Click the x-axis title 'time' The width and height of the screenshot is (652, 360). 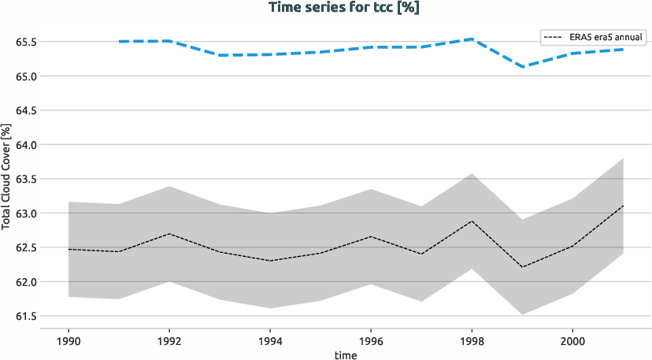point(346,354)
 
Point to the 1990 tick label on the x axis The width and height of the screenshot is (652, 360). point(69,340)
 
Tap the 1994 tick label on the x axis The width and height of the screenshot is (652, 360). point(270,340)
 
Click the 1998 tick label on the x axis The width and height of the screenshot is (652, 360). point(472,340)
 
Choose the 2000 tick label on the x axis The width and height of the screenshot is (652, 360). point(572,340)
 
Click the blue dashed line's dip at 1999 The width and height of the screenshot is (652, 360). point(522,67)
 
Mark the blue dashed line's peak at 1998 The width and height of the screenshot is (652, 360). point(472,39)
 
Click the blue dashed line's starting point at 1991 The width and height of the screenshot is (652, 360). point(119,41)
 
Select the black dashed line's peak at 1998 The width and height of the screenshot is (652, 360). point(472,221)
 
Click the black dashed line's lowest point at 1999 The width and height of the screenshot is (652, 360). point(522,267)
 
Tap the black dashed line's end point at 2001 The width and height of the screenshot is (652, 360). point(623,206)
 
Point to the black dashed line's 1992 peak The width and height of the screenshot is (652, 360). point(169,234)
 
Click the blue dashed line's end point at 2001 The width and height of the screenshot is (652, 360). point(623,50)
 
